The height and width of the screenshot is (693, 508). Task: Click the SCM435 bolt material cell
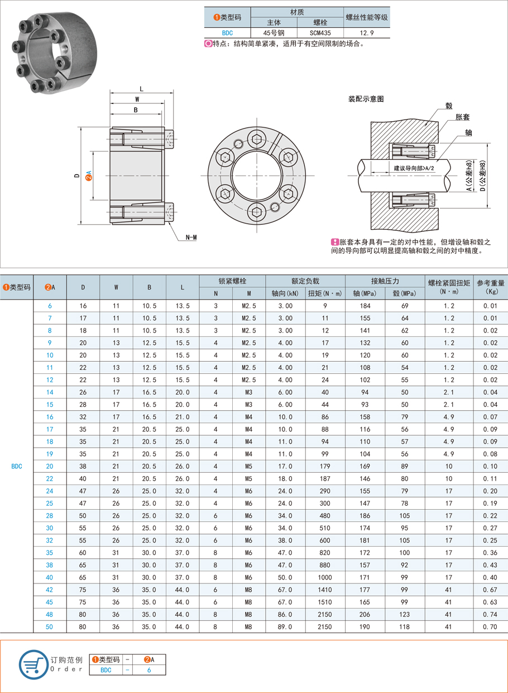click(320, 33)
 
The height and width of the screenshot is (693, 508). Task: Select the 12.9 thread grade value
click(367, 33)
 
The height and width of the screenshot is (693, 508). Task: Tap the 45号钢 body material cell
click(274, 33)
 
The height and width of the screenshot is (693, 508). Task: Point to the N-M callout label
click(191, 238)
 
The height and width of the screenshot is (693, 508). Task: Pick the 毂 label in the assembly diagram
click(448, 106)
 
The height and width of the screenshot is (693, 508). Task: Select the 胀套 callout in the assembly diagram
click(462, 117)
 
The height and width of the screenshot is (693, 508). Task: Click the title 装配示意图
click(366, 99)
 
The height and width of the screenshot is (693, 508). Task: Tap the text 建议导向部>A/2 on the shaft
click(414, 168)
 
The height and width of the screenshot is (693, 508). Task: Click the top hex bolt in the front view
click(256, 140)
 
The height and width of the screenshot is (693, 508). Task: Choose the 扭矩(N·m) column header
click(325, 293)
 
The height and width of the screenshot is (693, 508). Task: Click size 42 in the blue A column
click(50, 590)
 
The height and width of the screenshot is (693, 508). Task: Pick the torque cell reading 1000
click(325, 577)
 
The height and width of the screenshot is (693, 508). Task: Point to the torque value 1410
click(325, 590)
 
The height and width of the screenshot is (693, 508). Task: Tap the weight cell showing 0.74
click(490, 615)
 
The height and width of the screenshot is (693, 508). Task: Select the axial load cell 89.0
click(285, 627)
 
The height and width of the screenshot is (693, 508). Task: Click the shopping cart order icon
click(33, 664)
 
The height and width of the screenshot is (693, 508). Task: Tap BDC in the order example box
click(106, 670)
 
